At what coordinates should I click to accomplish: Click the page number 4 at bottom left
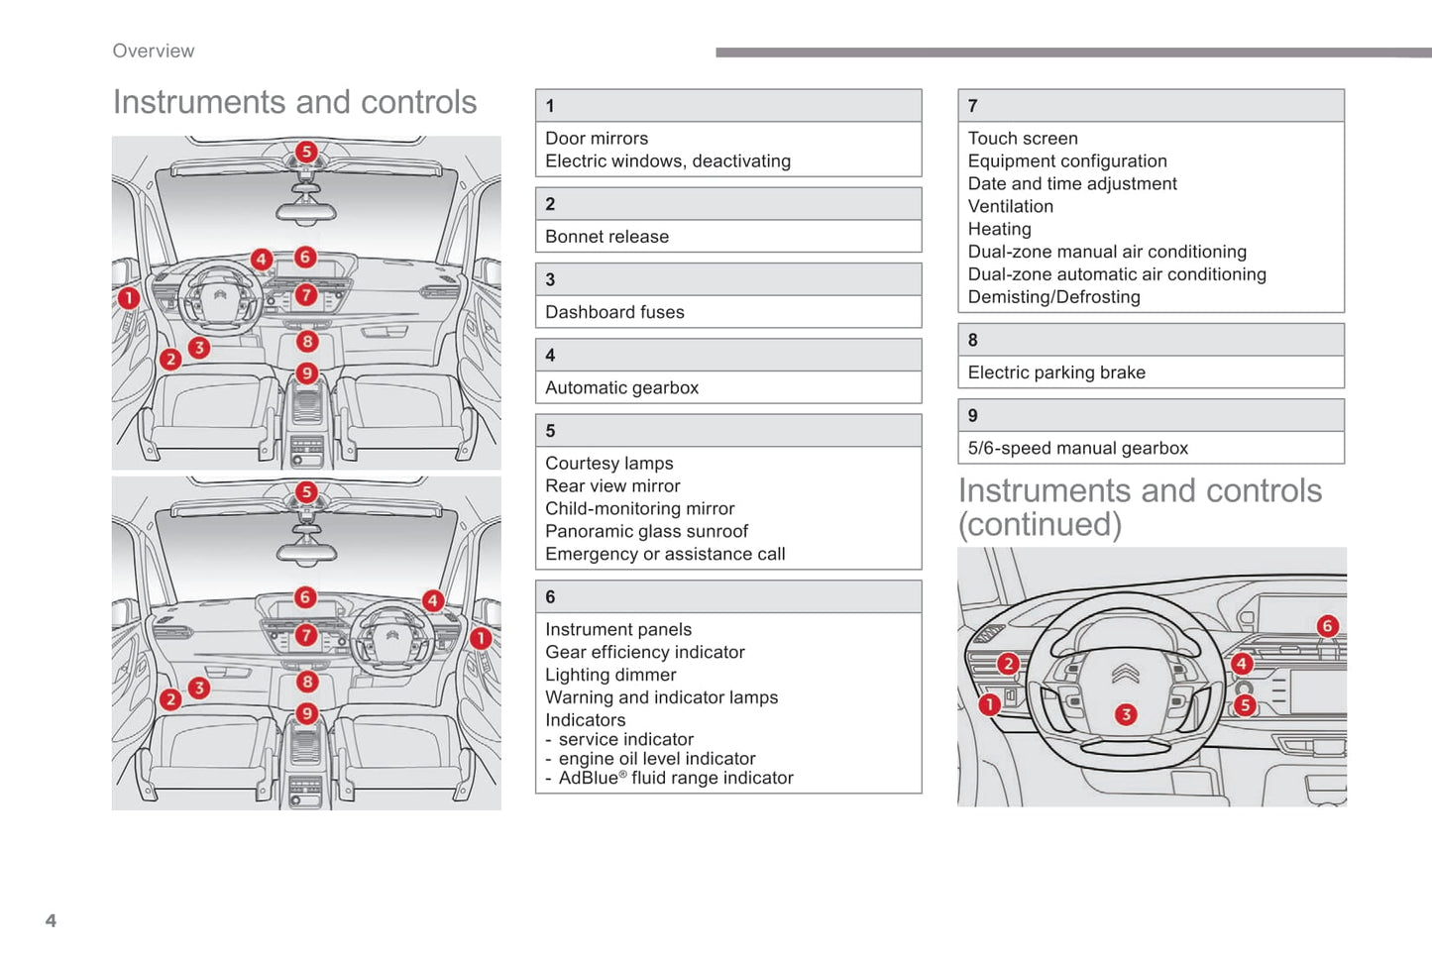click(51, 920)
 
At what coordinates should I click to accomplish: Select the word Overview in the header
click(154, 51)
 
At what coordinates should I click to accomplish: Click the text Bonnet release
click(606, 237)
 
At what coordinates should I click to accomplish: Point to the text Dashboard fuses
click(614, 312)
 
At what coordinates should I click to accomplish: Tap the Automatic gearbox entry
click(621, 388)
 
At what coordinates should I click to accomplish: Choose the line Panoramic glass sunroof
click(646, 532)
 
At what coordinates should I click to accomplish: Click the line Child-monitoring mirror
click(639, 509)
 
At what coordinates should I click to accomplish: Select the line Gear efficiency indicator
click(644, 653)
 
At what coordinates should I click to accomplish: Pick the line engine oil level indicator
click(656, 759)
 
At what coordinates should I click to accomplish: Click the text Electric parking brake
click(1056, 372)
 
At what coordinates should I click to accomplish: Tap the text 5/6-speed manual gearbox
click(1077, 449)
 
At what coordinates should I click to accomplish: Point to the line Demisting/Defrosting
click(1053, 297)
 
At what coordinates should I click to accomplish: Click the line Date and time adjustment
click(1072, 184)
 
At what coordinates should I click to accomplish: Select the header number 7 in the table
click(973, 106)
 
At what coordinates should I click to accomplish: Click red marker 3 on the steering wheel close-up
click(1126, 714)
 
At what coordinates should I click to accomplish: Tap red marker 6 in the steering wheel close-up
click(1327, 626)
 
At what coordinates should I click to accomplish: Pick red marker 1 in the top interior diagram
click(128, 298)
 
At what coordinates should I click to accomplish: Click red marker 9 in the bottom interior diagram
click(307, 713)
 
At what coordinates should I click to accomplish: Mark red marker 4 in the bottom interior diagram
click(432, 600)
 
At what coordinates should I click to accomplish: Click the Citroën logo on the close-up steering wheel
click(1125, 675)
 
